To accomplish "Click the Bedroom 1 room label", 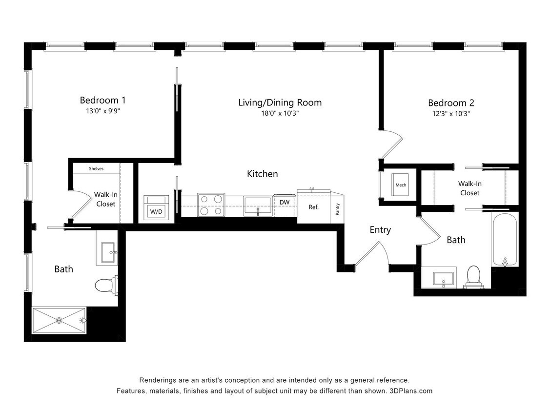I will (x=103, y=100).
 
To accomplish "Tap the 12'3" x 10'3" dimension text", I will (x=451, y=113).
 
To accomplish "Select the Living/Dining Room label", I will (x=280, y=103).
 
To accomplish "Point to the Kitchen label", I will (x=262, y=174).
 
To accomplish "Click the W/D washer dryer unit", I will (x=156, y=208).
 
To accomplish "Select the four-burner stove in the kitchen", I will (x=211, y=205).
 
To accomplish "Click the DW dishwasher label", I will (x=285, y=202).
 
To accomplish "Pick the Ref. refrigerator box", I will (x=313, y=207).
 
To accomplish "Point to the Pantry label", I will (x=338, y=208).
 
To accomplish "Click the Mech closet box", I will (x=401, y=185).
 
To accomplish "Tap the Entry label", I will (x=380, y=230).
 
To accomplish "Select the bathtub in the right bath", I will (x=505, y=240).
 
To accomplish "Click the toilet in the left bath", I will (x=105, y=285).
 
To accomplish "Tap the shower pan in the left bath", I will (x=59, y=320).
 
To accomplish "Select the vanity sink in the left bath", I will (x=107, y=252).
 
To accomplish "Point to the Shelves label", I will (x=96, y=169).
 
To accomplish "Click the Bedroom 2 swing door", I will (x=392, y=145).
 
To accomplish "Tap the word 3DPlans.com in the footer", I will (x=411, y=391).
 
